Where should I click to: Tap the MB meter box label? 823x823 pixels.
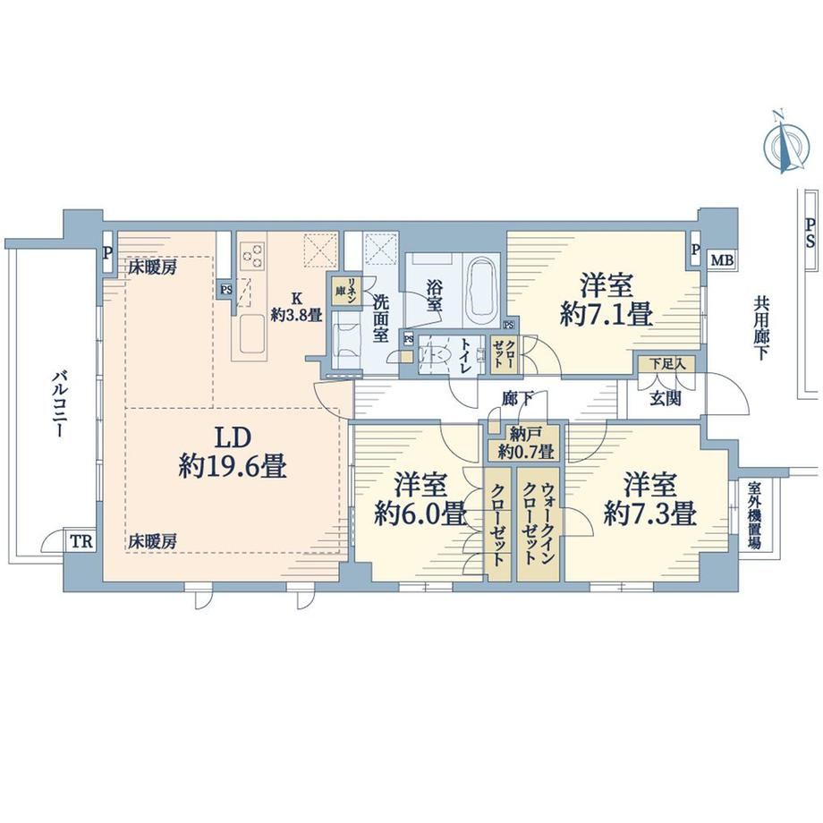[x=722, y=259]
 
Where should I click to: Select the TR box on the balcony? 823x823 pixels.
[x=81, y=541]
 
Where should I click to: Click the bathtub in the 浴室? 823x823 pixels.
[x=482, y=292]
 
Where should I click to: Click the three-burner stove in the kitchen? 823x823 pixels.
[x=252, y=256]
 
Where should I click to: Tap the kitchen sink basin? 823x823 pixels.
[x=252, y=335]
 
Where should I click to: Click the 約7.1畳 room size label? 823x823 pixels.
[x=607, y=316]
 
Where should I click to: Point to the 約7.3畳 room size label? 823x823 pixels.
[x=650, y=513]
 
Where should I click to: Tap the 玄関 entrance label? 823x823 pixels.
[x=666, y=400]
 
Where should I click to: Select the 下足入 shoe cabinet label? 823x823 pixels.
[x=667, y=364]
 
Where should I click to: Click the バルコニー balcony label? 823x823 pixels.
[x=59, y=404]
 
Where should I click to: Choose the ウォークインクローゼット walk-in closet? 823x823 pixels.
[x=538, y=524]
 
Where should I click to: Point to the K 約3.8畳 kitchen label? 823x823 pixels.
[x=297, y=307]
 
